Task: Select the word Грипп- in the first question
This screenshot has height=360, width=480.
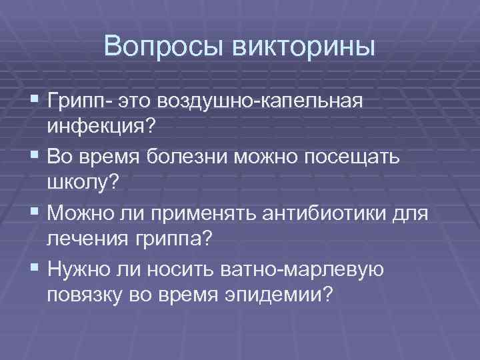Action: [81, 101]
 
